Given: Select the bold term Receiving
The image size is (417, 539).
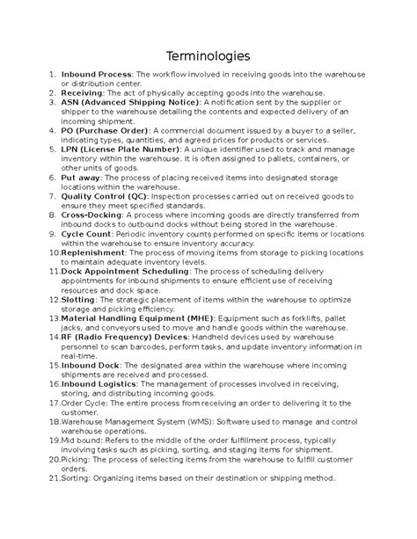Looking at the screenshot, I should pyautogui.click(x=82, y=92).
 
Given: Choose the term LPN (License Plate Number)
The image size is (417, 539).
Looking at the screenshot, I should pyautogui.click(x=120, y=149).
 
